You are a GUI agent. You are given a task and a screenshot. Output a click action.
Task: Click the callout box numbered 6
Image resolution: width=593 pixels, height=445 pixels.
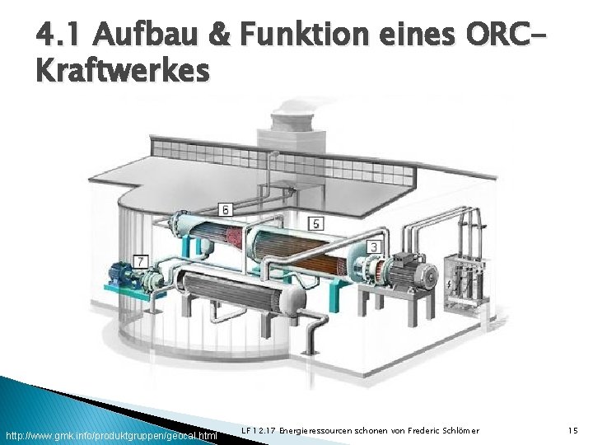pos(225,210)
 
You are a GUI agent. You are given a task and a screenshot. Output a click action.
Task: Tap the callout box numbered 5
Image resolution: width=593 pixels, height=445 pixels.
pos(316,223)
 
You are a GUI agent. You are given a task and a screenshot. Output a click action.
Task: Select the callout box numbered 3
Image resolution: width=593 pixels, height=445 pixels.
pos(374,246)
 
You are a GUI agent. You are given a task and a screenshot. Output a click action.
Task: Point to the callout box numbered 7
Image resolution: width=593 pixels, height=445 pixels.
pos(141,261)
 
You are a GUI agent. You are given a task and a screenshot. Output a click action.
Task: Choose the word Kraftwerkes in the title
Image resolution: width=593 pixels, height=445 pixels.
pos(123,72)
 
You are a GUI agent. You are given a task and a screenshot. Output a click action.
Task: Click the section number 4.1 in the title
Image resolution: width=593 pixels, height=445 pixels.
pos(59,35)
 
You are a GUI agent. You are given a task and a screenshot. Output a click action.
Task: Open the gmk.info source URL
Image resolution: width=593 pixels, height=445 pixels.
pos(111,434)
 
